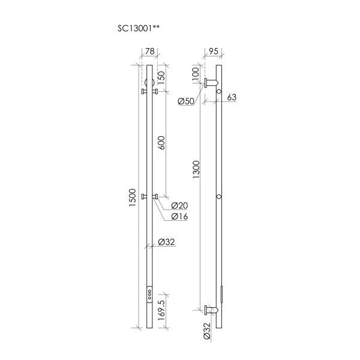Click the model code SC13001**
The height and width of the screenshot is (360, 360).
click(x=139, y=28)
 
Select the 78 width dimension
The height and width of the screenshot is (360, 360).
click(x=149, y=51)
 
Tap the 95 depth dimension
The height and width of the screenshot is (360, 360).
click(x=213, y=51)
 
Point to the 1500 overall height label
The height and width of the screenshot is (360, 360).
click(x=132, y=197)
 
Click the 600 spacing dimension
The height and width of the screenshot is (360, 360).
click(x=161, y=143)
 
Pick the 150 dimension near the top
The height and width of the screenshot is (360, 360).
click(x=161, y=77)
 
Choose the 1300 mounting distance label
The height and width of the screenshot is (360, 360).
click(x=196, y=170)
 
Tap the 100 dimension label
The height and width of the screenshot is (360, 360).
click(x=196, y=73)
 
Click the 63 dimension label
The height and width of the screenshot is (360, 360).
click(x=232, y=97)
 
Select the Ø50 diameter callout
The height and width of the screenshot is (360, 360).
click(x=186, y=101)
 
